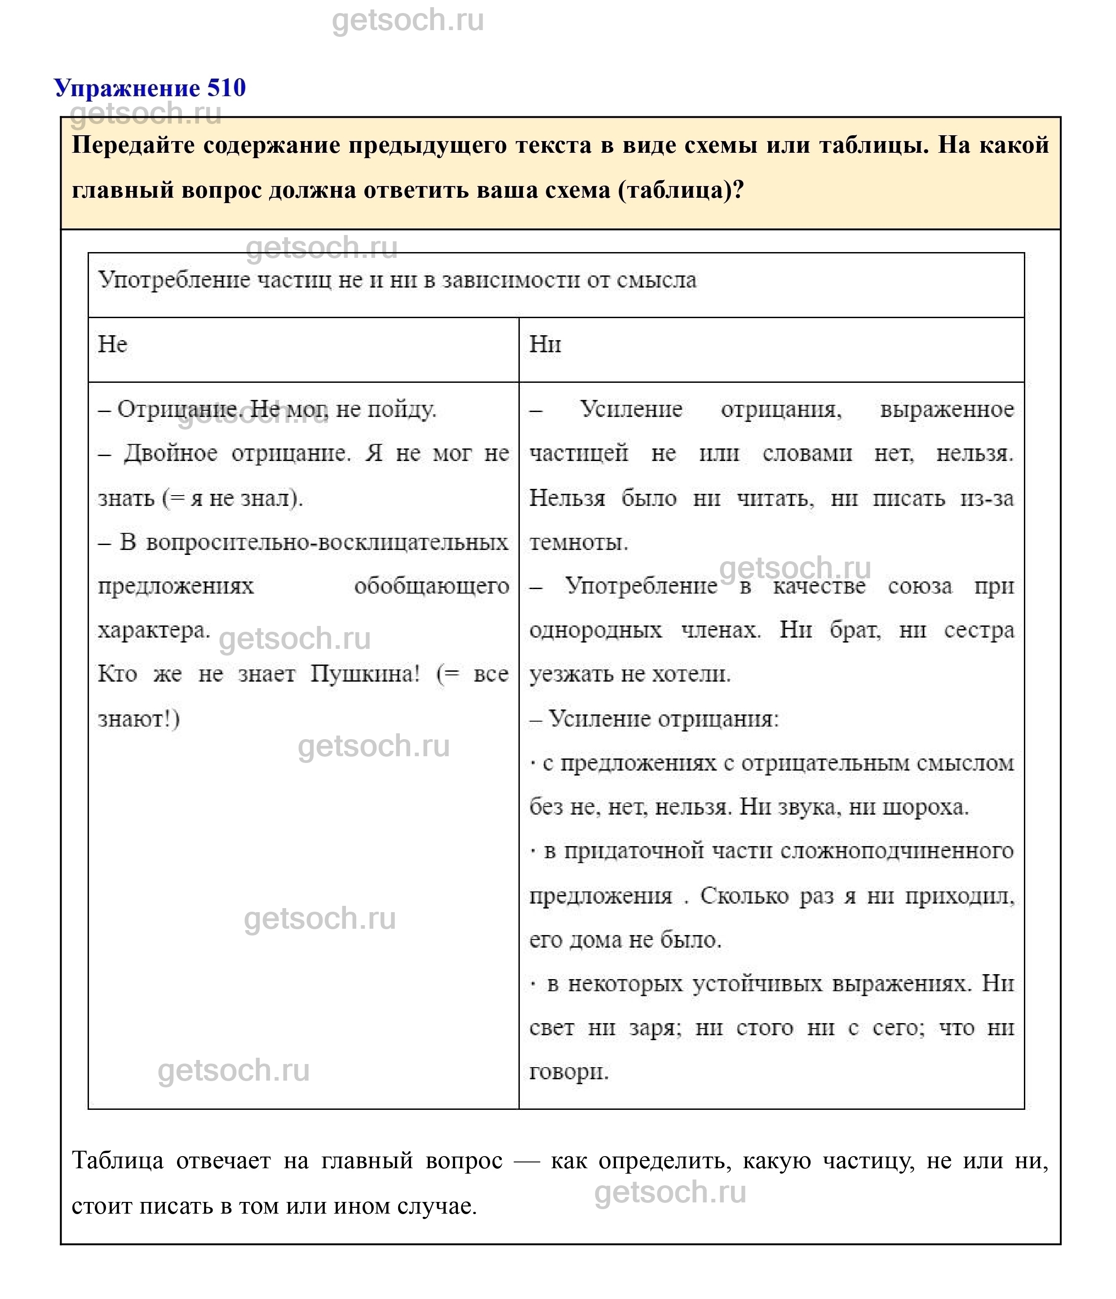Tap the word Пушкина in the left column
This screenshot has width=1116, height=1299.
(365, 674)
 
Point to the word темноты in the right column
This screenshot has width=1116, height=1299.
(579, 542)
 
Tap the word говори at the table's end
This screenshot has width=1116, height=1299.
(569, 1072)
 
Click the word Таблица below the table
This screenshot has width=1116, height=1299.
(118, 1161)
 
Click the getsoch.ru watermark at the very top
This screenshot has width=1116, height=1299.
(407, 20)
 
